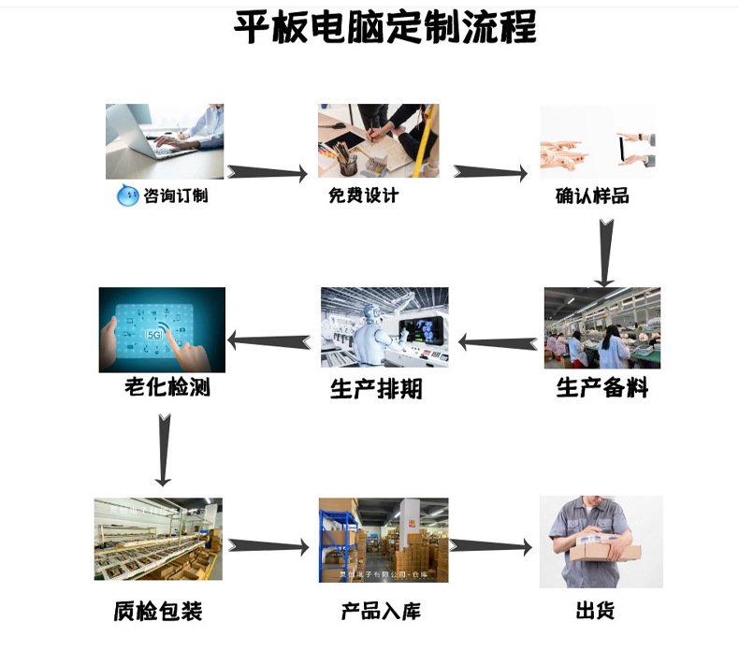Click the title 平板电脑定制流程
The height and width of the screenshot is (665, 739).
(384, 28)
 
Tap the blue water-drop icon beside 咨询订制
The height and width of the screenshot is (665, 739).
(126, 196)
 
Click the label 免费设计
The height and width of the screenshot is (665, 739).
(363, 195)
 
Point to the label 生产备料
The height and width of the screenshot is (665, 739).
(601, 387)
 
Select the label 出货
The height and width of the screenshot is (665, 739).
(595, 612)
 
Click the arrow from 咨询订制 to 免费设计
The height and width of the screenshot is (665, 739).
(268, 173)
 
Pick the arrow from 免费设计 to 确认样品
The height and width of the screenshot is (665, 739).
(490, 173)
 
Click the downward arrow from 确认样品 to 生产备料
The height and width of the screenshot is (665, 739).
(605, 251)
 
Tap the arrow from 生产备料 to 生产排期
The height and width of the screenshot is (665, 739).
(500, 342)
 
